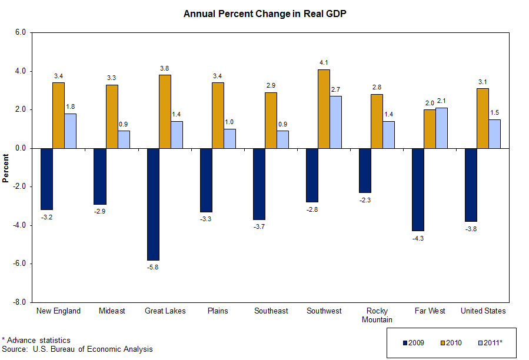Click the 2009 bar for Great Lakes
[x=153, y=204]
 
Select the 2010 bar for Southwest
[x=324, y=109]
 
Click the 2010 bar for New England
[x=58, y=115]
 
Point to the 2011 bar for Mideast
[x=124, y=139]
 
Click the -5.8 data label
[x=153, y=268]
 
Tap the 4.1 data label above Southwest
[x=324, y=62]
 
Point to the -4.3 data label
[x=418, y=238]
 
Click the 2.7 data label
[x=335, y=89]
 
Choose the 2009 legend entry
[x=414, y=342]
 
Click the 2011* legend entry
[x=490, y=342]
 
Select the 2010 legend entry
[x=451, y=342]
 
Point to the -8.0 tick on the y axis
[x=21, y=302]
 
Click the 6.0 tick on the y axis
[x=22, y=33]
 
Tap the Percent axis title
[x=6, y=167]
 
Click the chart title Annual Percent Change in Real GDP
[x=264, y=14]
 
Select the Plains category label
[x=218, y=311]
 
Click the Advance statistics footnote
[x=36, y=340]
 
